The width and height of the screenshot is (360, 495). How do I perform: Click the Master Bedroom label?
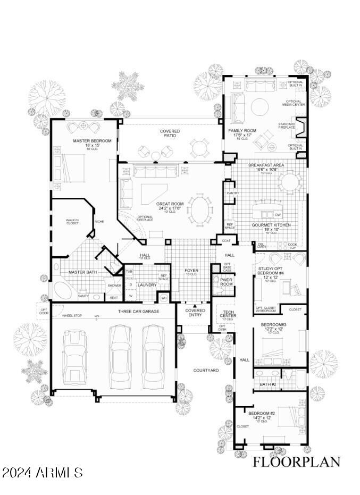92,141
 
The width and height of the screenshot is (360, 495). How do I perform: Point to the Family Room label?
242,130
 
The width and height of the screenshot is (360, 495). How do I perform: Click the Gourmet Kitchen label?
271,225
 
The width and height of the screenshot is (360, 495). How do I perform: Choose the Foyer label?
191,271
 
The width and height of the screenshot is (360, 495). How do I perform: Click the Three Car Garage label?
138,311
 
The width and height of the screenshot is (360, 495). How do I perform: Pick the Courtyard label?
206,370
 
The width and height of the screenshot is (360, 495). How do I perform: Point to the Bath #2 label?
268,384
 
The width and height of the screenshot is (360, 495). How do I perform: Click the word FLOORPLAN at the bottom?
296,462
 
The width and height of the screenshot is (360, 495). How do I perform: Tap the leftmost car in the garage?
74,357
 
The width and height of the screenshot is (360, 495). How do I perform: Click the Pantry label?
232,193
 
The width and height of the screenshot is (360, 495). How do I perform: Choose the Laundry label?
147,285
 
